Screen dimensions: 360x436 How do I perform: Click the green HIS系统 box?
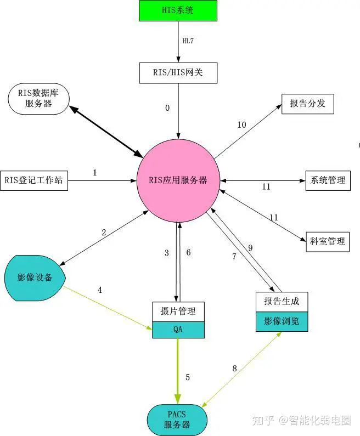click(x=178, y=10)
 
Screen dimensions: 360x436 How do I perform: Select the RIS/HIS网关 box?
click(x=178, y=73)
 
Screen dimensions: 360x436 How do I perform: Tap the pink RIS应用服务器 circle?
click(x=178, y=180)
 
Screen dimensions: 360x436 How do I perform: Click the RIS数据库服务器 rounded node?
click(x=38, y=98)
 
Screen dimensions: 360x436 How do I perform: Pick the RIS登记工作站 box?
click(x=34, y=180)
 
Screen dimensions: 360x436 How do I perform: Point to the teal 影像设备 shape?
click(x=35, y=278)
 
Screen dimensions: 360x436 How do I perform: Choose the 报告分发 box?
click(x=308, y=104)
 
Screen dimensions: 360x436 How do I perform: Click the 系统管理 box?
click(x=328, y=180)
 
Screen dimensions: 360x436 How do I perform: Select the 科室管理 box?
click(x=328, y=242)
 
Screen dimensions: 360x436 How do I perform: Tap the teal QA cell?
click(x=178, y=330)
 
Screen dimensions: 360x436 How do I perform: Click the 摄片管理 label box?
click(x=178, y=312)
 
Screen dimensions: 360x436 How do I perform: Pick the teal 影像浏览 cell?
click(x=282, y=321)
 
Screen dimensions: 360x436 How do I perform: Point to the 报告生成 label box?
click(x=282, y=302)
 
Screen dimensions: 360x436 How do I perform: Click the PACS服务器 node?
click(x=177, y=420)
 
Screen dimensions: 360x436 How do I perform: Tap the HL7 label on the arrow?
click(x=188, y=41)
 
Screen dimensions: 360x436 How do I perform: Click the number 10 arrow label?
click(x=242, y=125)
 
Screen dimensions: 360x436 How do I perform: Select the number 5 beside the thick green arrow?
click(x=188, y=377)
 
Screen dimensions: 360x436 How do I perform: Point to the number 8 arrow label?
click(x=234, y=369)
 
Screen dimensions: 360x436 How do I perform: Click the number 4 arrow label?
click(x=99, y=290)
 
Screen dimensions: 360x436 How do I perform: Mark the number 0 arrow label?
click(x=167, y=108)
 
